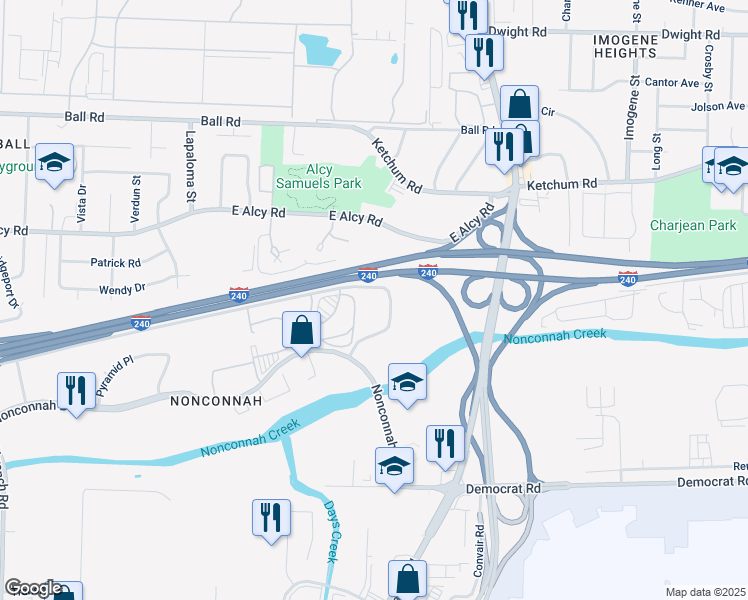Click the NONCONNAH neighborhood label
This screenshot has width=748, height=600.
coord(216,401)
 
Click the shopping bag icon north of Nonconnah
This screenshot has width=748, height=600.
coord(301,329)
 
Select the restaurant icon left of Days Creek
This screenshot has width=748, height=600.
coord(270,517)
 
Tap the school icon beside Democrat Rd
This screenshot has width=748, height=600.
coord(394,465)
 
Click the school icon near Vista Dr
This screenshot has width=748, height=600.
coord(54,161)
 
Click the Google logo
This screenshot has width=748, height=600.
coord(33,588)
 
